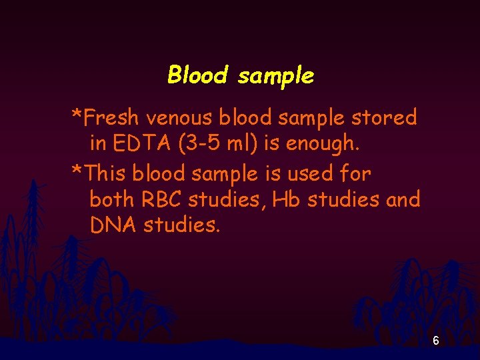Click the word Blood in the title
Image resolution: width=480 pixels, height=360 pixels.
197,75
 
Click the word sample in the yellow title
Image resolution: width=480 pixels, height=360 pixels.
275,76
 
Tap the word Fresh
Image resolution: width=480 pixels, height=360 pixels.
112,118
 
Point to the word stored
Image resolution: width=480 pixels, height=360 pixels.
385,118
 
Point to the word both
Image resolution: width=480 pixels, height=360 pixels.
113,199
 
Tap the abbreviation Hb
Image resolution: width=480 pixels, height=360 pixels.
289,199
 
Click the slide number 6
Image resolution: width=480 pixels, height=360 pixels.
435,341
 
